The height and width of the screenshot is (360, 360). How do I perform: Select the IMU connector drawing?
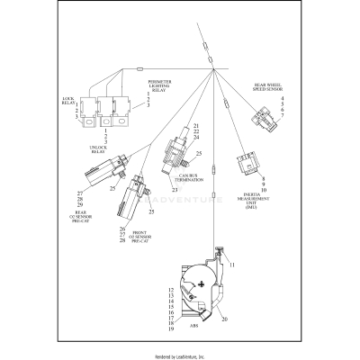point(245,165)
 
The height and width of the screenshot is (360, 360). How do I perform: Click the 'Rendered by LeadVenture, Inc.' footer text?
point(180,354)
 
